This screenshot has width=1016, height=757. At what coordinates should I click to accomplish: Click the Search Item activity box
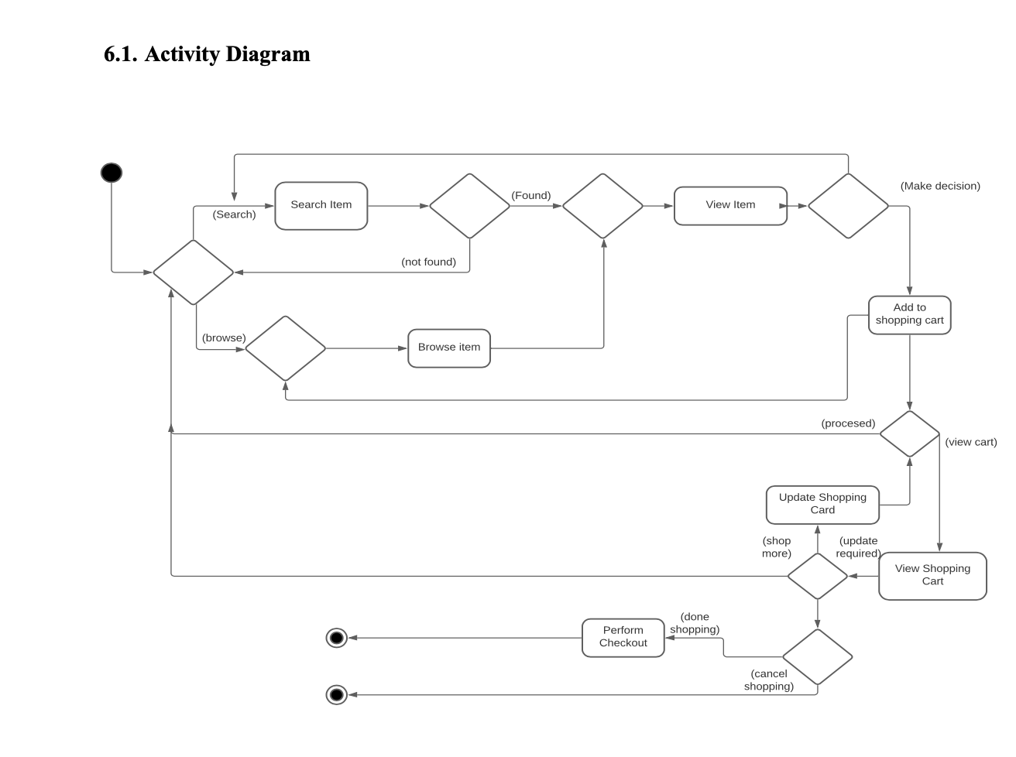coord(321,206)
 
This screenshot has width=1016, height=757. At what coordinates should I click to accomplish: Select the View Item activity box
coord(730,206)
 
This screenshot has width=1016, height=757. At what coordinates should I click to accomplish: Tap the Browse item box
coord(448,348)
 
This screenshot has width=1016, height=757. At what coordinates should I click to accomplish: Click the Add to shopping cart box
coord(909,315)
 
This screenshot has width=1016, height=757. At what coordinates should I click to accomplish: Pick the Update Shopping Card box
coord(822,505)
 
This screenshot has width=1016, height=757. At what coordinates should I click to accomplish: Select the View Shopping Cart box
coord(932,576)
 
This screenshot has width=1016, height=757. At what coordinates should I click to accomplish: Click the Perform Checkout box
coord(623,638)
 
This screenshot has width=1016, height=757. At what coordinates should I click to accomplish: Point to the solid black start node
coord(112,173)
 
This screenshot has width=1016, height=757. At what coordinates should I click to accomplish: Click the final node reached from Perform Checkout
coord(337,638)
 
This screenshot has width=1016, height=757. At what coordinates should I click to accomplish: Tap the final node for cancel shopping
coord(337,694)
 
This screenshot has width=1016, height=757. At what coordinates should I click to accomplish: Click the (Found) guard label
coord(530,196)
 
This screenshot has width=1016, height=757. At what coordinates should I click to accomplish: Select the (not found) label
coord(428,262)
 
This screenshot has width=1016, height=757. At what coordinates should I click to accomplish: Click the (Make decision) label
coord(940,186)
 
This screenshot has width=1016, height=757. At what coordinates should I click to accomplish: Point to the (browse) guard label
coord(224,338)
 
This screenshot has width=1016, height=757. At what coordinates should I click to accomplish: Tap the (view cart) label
coord(970,442)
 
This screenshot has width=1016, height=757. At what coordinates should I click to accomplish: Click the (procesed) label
coord(848,423)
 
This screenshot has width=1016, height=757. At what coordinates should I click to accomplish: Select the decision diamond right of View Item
coord(848,206)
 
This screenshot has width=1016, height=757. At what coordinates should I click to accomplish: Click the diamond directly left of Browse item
coord(285,348)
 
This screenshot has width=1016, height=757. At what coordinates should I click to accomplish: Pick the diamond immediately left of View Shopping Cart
coord(818,576)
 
